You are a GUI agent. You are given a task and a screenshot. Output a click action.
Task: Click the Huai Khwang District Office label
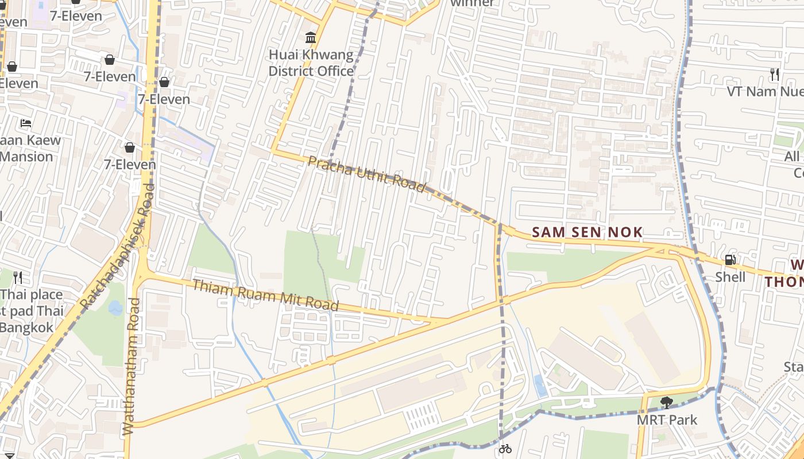[x=311, y=63]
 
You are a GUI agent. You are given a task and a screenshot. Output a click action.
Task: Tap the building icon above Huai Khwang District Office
[x=311, y=38]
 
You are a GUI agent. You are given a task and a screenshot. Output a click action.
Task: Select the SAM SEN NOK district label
[x=587, y=232]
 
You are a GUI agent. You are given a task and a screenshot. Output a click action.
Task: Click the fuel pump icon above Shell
[x=730, y=260]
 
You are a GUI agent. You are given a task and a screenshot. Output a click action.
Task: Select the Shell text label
[x=730, y=277]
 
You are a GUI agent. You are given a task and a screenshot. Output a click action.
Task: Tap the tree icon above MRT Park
[x=666, y=402]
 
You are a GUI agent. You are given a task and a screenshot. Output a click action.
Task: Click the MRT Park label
[x=667, y=420]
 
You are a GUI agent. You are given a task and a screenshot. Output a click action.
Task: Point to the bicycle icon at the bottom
[x=505, y=449]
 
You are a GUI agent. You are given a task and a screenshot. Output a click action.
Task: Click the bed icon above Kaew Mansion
[x=26, y=123]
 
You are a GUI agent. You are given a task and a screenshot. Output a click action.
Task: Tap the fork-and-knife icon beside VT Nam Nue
[x=775, y=74]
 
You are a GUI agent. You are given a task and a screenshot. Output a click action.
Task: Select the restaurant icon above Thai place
[x=18, y=278]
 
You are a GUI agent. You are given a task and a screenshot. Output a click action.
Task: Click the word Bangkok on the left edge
[x=26, y=328]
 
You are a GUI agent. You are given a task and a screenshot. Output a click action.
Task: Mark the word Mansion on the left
[x=26, y=157]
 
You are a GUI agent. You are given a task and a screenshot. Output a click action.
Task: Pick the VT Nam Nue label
[x=764, y=91]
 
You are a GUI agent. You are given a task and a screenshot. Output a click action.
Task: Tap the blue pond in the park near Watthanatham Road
[x=115, y=308]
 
